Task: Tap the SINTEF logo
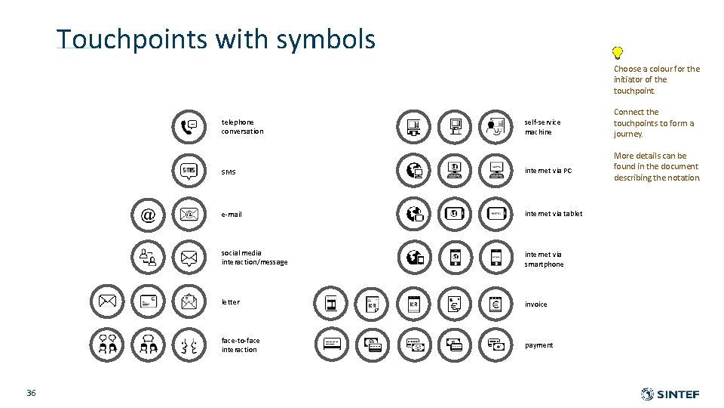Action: click(x=670, y=394)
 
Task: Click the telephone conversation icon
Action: click(x=189, y=127)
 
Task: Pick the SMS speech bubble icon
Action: click(x=189, y=171)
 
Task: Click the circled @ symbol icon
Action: click(x=148, y=215)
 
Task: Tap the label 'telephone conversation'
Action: click(x=243, y=127)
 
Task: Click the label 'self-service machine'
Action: click(x=543, y=127)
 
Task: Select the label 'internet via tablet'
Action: click(x=554, y=215)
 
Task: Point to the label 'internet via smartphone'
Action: click(x=545, y=259)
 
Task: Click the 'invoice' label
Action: click(x=536, y=304)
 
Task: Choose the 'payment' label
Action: click(x=539, y=345)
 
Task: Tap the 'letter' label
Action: click(x=231, y=302)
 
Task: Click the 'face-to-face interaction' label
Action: click(x=241, y=345)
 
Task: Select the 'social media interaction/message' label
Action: click(x=254, y=258)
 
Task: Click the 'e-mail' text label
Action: click(x=232, y=215)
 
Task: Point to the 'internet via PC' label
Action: click(x=548, y=171)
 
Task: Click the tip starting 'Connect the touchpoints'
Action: click(x=654, y=123)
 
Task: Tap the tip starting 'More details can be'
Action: click(x=657, y=167)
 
